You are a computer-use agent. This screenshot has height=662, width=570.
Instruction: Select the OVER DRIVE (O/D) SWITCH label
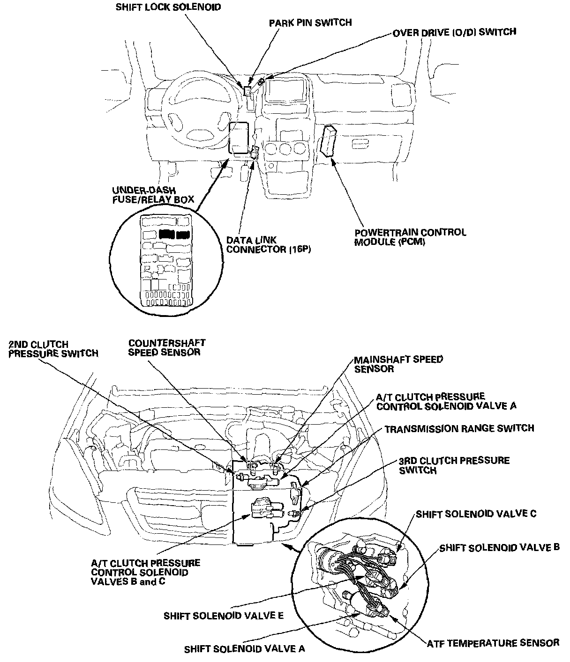point(454,32)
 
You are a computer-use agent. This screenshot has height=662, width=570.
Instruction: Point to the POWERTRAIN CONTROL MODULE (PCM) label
point(410,237)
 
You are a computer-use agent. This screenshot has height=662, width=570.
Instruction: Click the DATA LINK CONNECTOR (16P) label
point(269,244)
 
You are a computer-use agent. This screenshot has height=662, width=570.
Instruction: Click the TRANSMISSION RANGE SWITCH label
point(459,428)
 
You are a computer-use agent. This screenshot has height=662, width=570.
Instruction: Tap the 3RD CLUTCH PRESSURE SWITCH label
point(454,465)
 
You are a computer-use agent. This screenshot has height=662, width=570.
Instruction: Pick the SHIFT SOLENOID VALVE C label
point(475,514)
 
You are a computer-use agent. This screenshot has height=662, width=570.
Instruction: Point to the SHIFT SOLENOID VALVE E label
point(223,616)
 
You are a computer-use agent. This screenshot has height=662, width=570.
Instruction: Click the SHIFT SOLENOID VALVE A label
point(244,648)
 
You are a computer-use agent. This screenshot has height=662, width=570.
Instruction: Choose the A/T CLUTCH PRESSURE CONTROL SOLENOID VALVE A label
point(446,401)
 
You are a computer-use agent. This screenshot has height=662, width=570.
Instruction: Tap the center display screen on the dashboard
point(286,90)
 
